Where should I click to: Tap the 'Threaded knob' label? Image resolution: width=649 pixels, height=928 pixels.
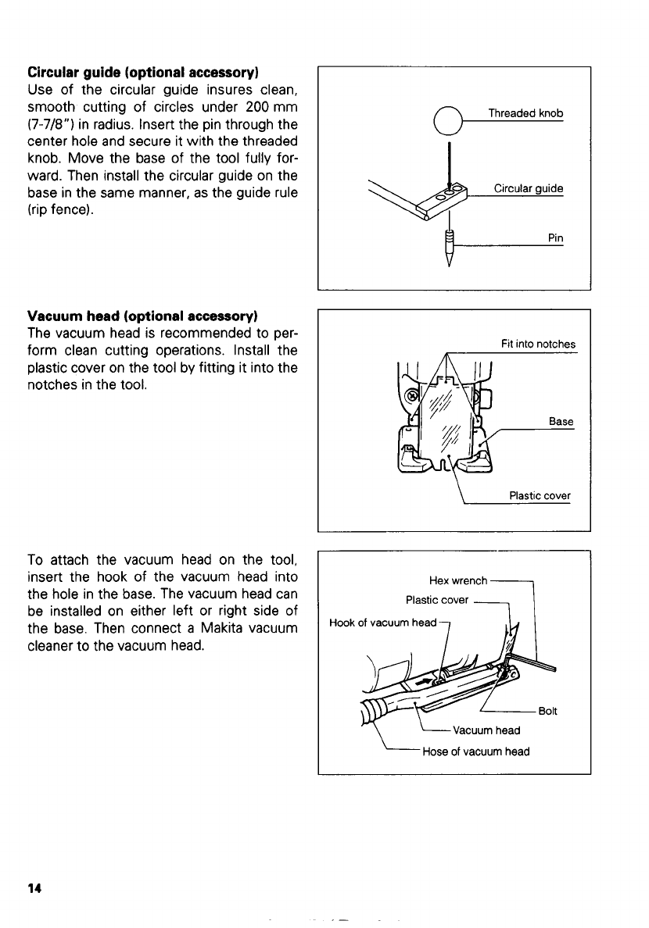pos(525,114)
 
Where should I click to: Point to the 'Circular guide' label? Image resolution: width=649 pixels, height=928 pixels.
pos(528,189)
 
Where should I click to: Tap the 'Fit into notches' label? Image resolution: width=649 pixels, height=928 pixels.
pos(538,344)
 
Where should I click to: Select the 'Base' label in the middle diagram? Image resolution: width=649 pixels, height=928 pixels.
pos(561,422)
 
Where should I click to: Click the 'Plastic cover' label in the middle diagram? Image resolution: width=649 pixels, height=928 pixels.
pos(540,496)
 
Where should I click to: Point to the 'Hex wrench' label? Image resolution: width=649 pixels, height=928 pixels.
pos(458,581)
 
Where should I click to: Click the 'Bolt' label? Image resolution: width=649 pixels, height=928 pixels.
pos(547,711)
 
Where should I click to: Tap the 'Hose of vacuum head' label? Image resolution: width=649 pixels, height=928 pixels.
pos(475,751)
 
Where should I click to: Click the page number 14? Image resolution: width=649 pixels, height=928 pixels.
pos(34,889)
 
